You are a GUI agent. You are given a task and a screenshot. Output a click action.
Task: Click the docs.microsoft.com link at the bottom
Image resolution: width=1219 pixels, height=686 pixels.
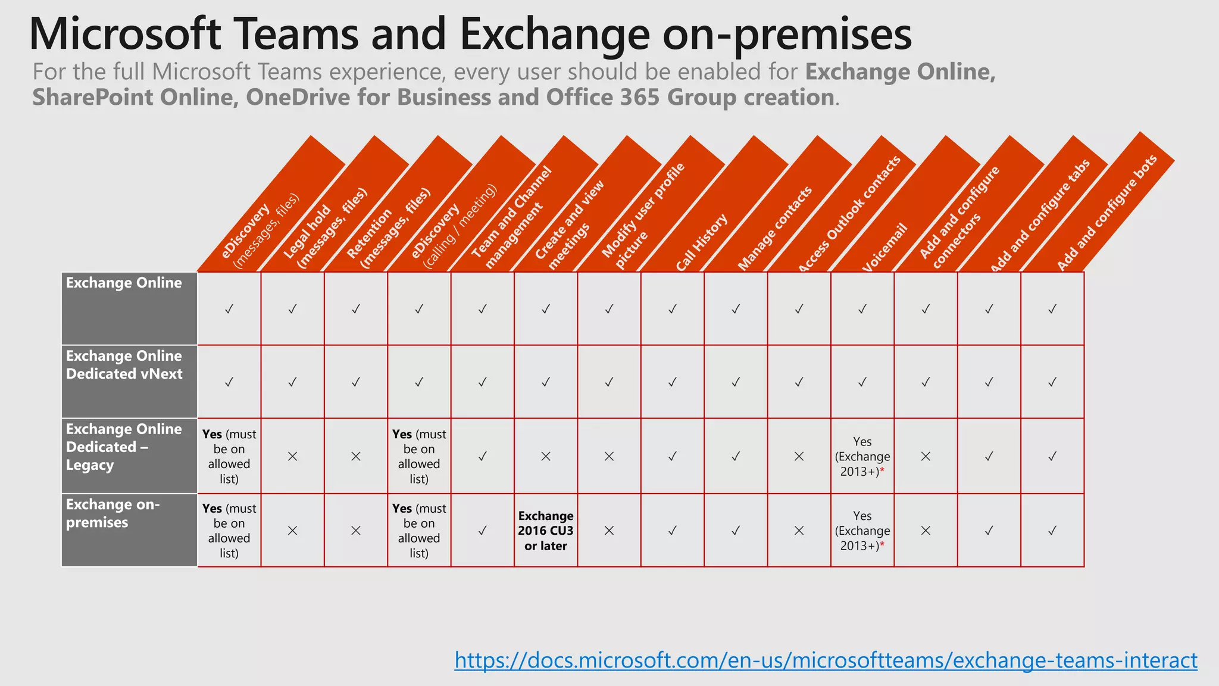(x=826, y=660)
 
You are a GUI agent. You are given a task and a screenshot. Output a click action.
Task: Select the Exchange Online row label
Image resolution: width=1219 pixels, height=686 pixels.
(x=124, y=283)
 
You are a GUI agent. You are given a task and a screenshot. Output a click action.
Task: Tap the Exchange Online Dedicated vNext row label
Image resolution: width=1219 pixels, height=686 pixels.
(x=124, y=365)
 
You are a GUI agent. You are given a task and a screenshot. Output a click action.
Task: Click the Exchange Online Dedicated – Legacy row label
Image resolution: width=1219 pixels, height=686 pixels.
(x=124, y=447)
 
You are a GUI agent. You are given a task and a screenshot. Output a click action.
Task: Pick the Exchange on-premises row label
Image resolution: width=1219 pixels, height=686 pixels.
(x=112, y=513)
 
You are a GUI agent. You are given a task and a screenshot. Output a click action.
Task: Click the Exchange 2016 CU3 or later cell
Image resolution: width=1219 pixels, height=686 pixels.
(x=545, y=531)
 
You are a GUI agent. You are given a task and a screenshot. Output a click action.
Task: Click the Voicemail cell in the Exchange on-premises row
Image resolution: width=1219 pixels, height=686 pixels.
(x=862, y=531)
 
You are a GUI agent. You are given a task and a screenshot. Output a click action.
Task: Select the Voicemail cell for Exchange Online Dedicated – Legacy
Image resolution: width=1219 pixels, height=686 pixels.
(x=862, y=457)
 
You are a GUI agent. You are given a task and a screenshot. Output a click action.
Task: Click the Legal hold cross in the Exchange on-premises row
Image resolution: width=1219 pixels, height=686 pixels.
(x=292, y=531)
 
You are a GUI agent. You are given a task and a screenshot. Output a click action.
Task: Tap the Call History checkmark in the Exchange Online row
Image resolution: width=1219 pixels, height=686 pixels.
(x=672, y=309)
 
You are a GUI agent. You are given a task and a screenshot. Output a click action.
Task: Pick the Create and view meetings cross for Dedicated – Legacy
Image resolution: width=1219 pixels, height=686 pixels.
(x=545, y=457)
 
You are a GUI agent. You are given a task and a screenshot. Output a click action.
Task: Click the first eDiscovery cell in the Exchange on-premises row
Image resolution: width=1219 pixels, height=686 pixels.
(x=229, y=531)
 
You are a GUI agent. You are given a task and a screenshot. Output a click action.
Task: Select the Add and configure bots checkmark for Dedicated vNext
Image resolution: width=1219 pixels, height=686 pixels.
(x=1052, y=382)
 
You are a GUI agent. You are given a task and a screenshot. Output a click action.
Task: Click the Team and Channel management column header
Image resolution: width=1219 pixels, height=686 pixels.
(x=512, y=220)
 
